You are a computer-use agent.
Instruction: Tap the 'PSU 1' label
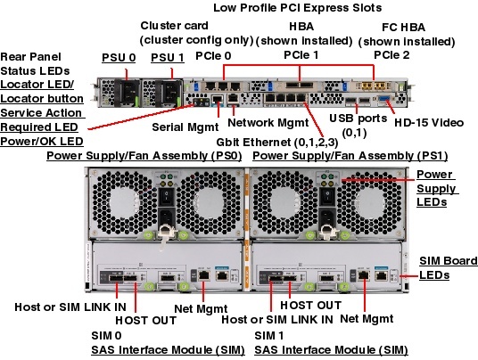click(167, 58)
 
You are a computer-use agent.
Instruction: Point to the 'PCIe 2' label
click(391, 56)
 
